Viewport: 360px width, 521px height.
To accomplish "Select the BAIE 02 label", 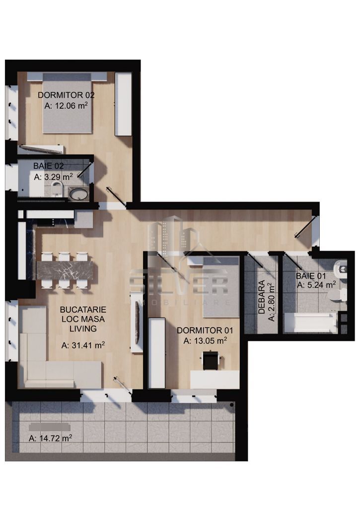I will [x=48, y=166].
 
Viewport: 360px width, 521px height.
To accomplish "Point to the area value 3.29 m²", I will [x=54, y=176].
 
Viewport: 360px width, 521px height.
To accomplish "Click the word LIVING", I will [x=83, y=328].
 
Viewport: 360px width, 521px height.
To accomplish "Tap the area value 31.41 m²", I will [x=83, y=345].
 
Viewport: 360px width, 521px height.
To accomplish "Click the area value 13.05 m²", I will [x=205, y=340].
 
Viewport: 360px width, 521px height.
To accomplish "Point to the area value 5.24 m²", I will [x=316, y=285].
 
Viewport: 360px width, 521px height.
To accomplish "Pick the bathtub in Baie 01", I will [x=309, y=323].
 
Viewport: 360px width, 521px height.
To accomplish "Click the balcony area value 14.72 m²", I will [x=51, y=438].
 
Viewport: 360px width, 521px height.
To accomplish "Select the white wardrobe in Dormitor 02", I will [x=123, y=104].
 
